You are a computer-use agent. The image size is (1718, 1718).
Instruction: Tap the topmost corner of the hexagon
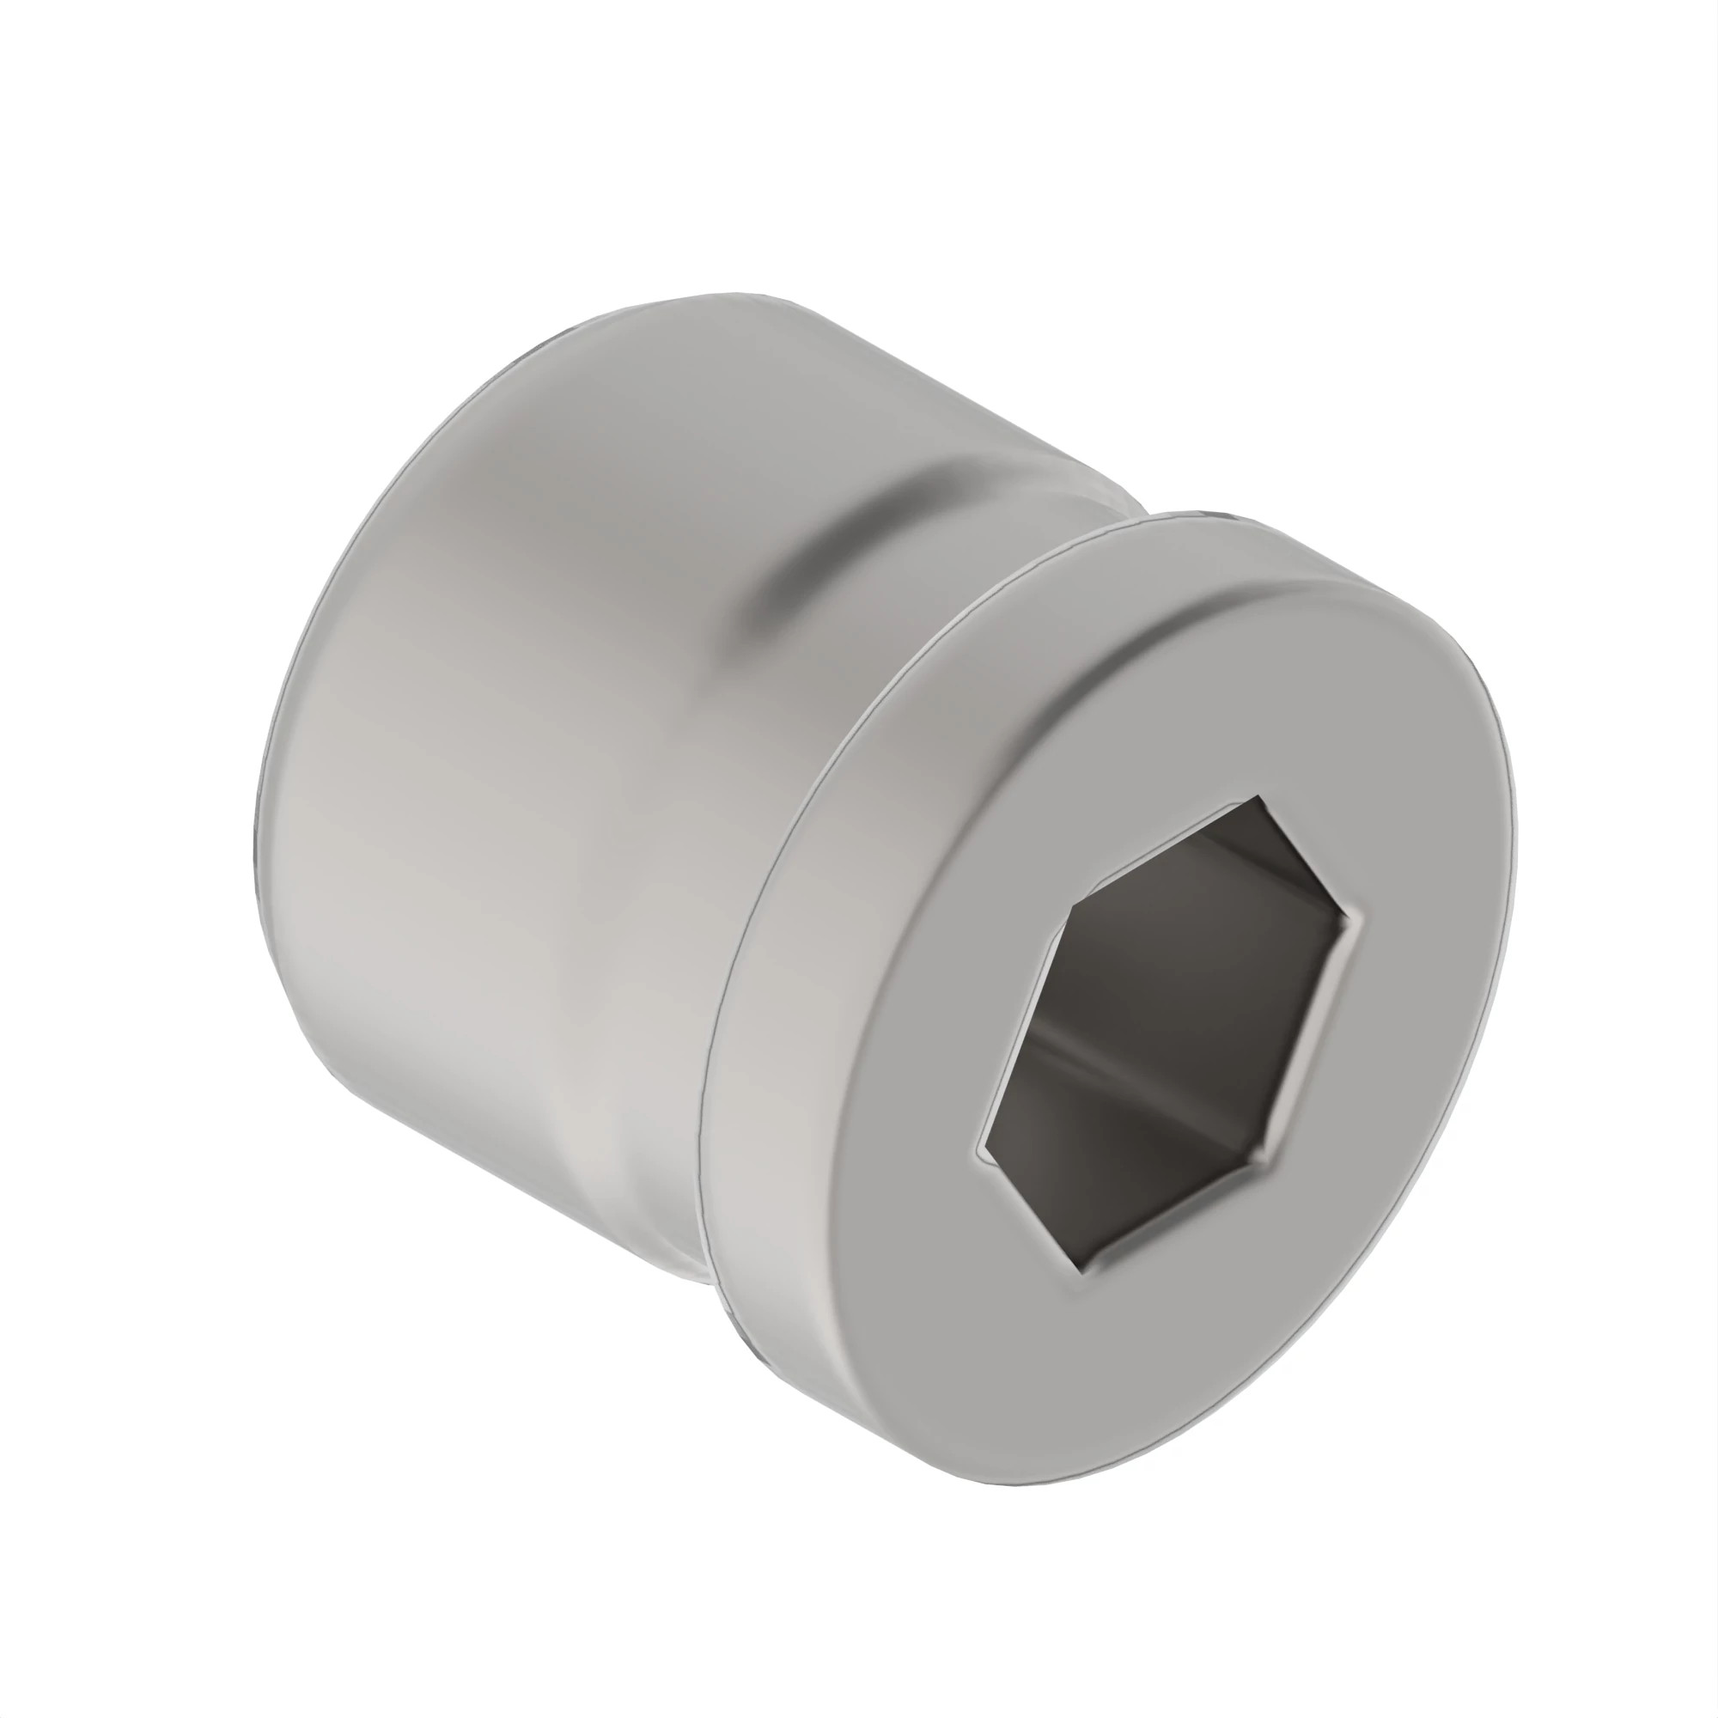(x=1254, y=797)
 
